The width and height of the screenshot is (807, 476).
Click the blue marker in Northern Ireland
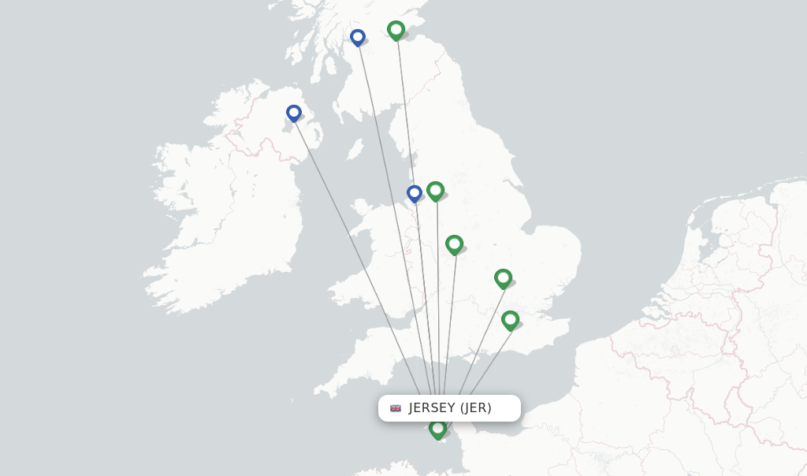coord(294,113)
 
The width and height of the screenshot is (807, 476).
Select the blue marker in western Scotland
coord(358,37)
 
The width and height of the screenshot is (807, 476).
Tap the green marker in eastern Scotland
coord(396,30)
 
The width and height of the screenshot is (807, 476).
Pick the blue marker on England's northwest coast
coord(415,193)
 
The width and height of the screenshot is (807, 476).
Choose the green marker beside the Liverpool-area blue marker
coord(436,191)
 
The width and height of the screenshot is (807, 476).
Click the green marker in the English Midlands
coord(454,244)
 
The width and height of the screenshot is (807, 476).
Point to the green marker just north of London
coord(503,278)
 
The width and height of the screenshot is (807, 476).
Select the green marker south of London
coord(510,320)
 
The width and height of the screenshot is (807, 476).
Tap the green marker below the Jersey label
coord(437,429)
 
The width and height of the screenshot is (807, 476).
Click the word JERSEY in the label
coord(432,408)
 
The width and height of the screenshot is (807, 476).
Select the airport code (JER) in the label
coord(476,408)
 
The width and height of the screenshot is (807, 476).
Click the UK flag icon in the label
coord(396,408)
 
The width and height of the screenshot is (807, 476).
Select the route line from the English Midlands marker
coord(450,315)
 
